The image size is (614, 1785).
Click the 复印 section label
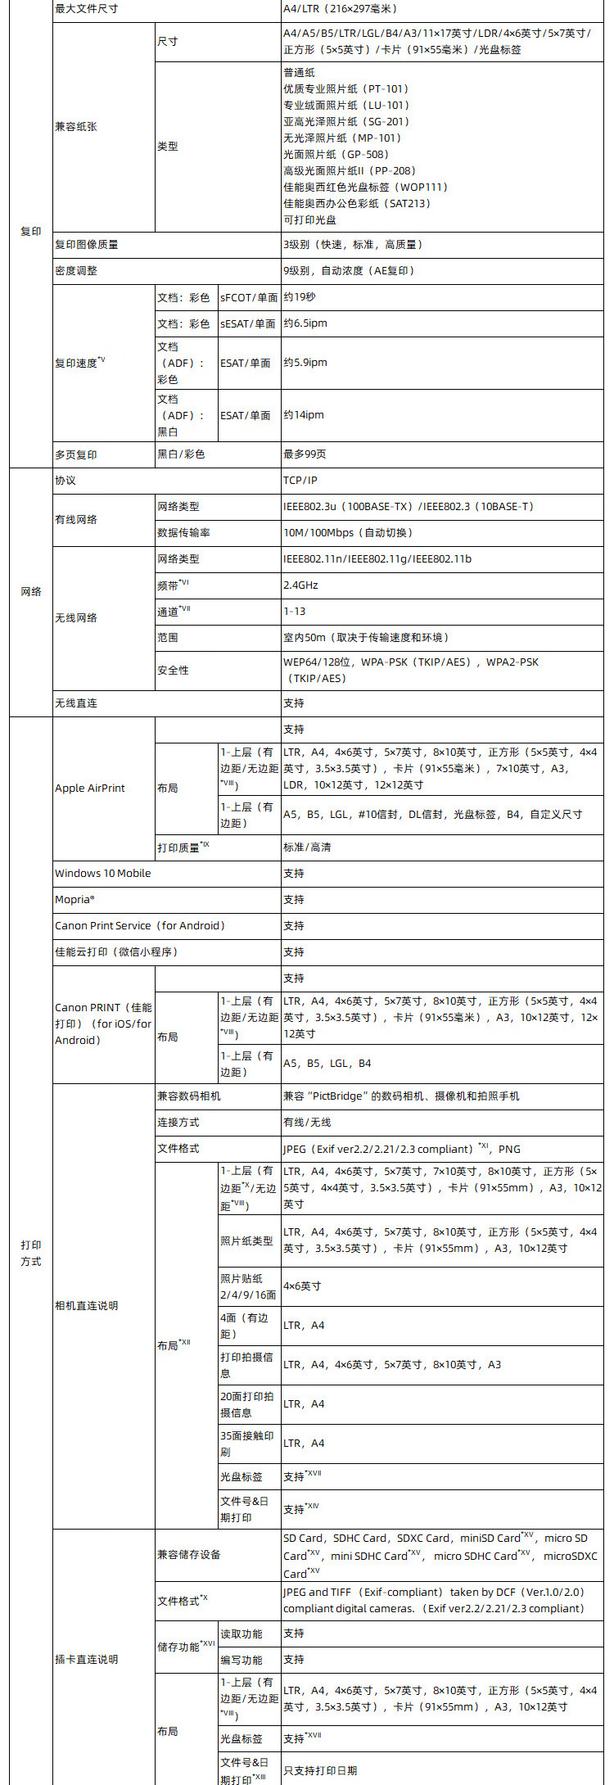(x=30, y=232)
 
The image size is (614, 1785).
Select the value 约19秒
(x=299, y=297)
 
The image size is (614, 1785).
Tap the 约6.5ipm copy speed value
(x=305, y=323)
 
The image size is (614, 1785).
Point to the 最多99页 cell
(x=305, y=454)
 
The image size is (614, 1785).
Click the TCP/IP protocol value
(x=300, y=480)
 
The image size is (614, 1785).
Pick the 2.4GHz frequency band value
(x=300, y=585)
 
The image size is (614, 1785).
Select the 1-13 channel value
(x=294, y=611)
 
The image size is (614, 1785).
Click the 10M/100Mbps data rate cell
(x=348, y=532)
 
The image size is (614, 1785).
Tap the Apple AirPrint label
(x=90, y=788)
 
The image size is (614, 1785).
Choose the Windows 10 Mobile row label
(x=103, y=873)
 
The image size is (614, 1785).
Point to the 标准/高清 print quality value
(x=307, y=847)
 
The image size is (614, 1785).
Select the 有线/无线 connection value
(x=307, y=1122)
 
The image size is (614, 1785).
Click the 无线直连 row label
(x=76, y=703)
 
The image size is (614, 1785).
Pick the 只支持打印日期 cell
(x=320, y=1770)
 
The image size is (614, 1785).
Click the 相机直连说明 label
(x=87, y=1305)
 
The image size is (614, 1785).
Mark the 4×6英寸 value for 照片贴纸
(x=302, y=1286)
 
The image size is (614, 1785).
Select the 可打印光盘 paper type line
(x=310, y=219)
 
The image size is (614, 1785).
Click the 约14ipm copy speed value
(x=304, y=415)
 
